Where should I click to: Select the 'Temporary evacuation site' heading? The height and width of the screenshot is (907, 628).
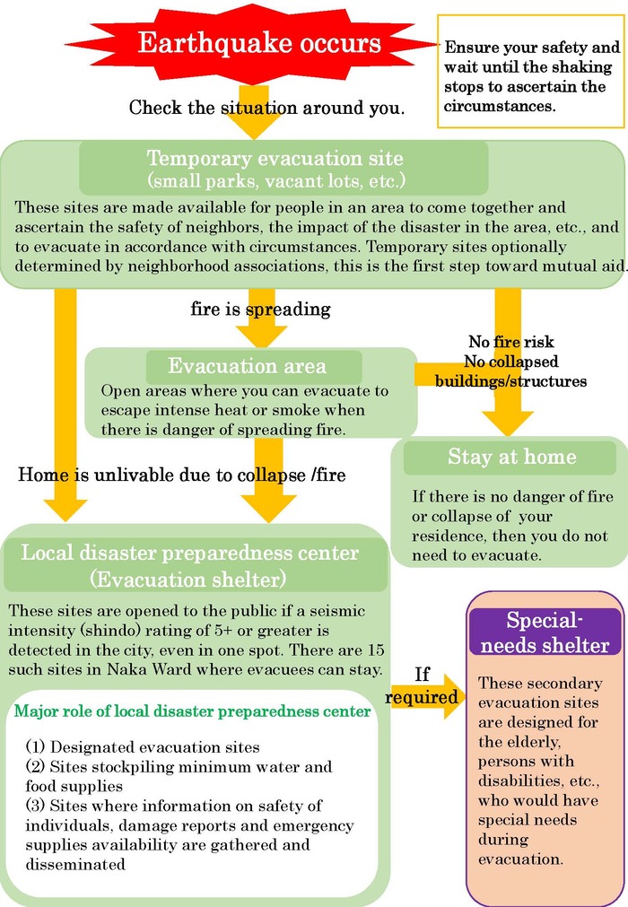tap(275, 159)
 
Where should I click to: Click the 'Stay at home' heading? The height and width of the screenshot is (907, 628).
tap(512, 457)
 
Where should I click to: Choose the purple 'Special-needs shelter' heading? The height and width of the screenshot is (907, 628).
tap(545, 632)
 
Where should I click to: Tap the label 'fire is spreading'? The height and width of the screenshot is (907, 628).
tap(260, 310)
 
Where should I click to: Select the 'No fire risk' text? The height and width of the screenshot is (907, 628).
tap(511, 342)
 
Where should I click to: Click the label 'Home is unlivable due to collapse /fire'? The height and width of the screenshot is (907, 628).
tap(182, 475)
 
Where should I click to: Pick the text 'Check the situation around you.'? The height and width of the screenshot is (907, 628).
tap(266, 108)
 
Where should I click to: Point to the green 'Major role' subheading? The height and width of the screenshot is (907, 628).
tap(193, 712)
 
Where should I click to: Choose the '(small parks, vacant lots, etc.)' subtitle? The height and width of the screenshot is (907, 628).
tap(275, 180)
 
